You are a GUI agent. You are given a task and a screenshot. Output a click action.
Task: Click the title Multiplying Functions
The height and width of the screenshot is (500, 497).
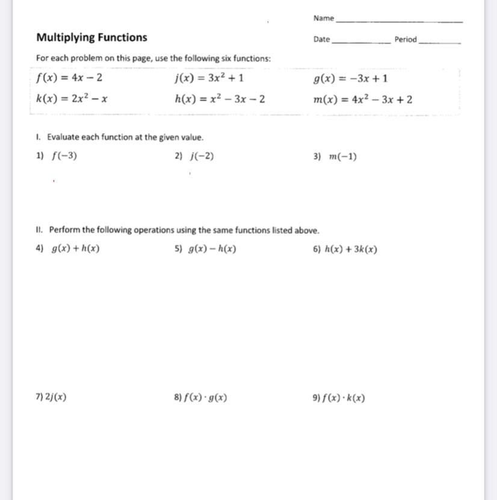click(x=91, y=37)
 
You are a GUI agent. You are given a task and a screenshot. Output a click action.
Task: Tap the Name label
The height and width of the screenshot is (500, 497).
click(x=323, y=19)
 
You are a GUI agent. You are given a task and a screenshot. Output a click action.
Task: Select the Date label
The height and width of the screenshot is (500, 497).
click(x=321, y=40)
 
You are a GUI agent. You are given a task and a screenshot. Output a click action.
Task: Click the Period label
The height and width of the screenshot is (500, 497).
click(x=405, y=40)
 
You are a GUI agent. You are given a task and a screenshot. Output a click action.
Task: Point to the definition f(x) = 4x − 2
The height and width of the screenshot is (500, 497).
click(x=69, y=78)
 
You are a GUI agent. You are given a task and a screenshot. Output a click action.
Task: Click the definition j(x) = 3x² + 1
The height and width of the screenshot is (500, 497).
click(x=209, y=78)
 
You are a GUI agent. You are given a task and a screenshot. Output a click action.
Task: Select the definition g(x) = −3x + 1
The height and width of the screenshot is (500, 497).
click(x=350, y=78)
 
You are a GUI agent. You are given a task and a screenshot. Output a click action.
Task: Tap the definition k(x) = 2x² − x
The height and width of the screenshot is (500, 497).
click(x=72, y=99)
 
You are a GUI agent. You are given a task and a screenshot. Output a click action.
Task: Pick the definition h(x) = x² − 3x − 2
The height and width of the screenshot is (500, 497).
click(x=220, y=99)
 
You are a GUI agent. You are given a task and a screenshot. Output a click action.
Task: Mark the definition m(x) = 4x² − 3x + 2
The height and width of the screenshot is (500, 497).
click(x=363, y=99)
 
